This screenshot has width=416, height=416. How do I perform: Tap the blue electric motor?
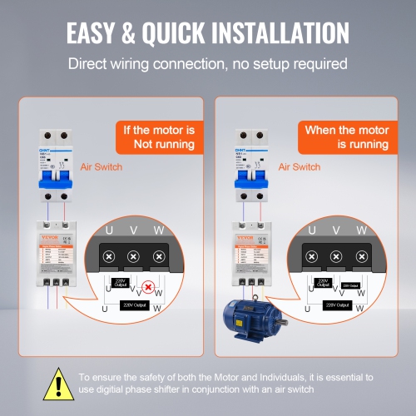pyautogui.click(x=250, y=316)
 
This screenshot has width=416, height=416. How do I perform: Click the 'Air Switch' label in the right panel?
pyautogui.click(x=300, y=167)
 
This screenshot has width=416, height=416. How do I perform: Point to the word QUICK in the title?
pyautogui.click(x=145, y=32)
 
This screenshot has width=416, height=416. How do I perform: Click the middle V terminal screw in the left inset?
pyautogui.click(x=131, y=257)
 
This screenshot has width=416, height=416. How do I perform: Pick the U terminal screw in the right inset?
pyautogui.click(x=311, y=257)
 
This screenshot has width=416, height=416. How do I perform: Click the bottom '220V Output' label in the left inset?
pyautogui.click(x=135, y=305)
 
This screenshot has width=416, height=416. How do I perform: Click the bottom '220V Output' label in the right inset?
pyautogui.click(x=336, y=305)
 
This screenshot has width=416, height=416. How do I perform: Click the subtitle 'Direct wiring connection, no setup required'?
pyautogui.click(x=208, y=63)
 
